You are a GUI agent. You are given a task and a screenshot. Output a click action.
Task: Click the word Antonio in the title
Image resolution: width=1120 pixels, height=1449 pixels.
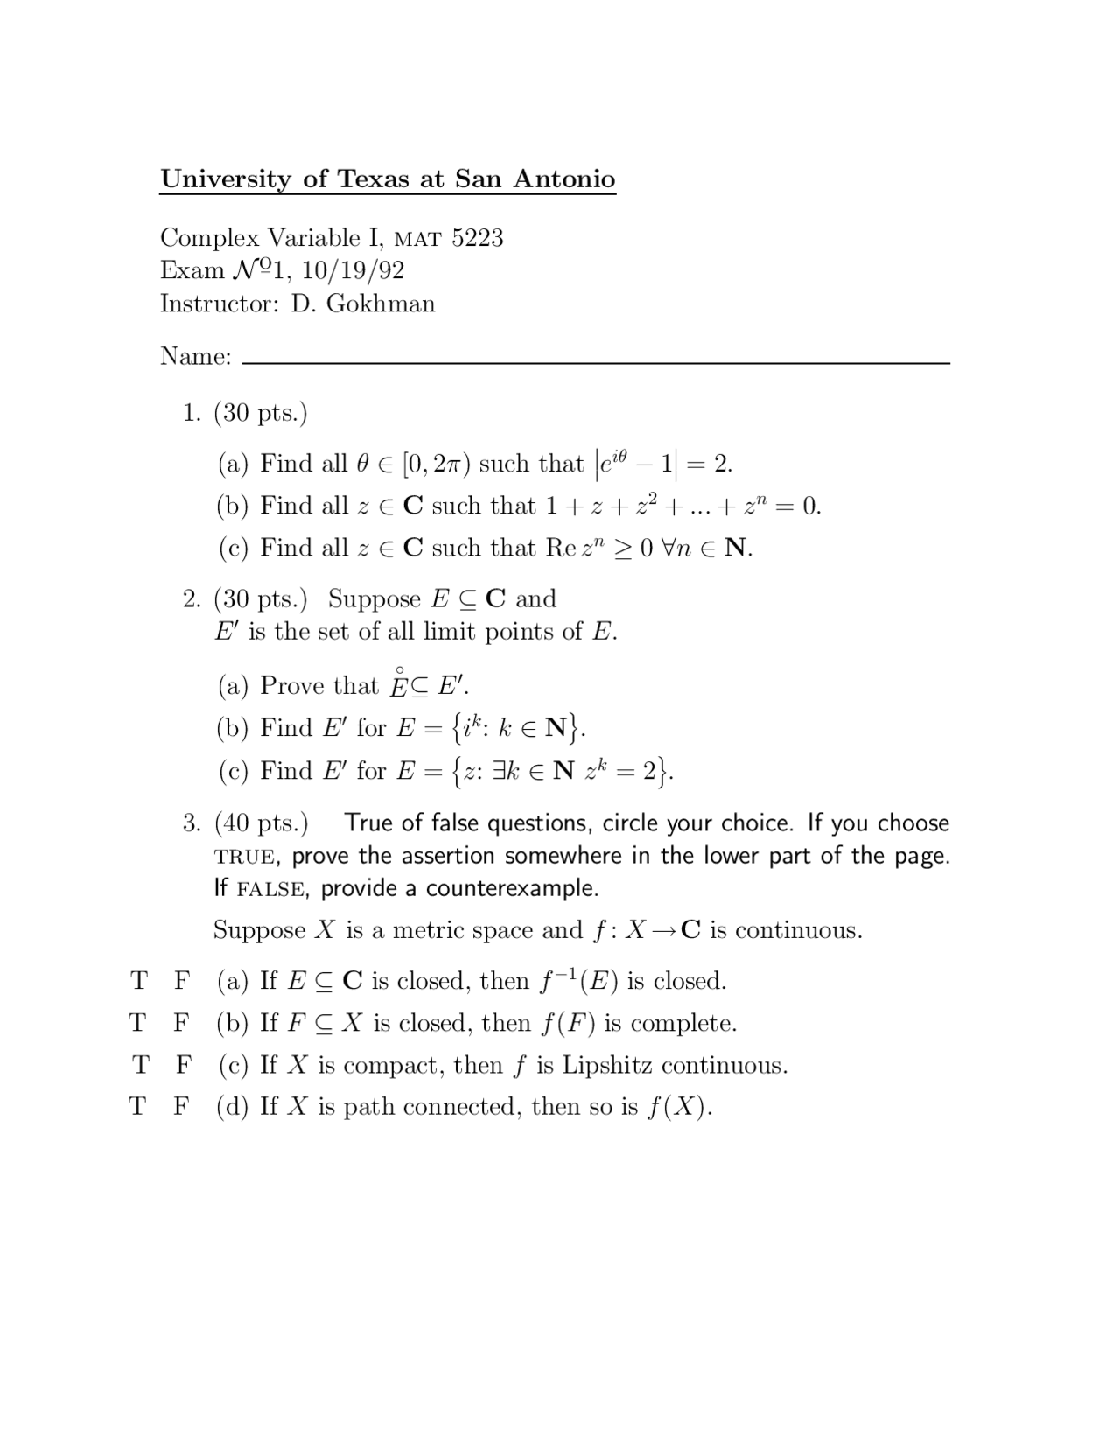tap(564, 178)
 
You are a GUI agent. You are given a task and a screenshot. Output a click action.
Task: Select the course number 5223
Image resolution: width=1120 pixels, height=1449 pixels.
tap(477, 238)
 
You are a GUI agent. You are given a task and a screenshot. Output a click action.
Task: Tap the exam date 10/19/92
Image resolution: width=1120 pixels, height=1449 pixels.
tap(353, 270)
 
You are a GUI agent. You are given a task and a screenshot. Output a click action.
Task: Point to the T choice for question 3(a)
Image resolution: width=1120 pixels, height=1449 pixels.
tap(138, 981)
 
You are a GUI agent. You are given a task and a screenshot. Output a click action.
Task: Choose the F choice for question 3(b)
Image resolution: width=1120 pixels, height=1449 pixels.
tap(181, 1023)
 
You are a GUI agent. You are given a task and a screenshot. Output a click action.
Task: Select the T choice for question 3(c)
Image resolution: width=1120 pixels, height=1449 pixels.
tap(140, 1065)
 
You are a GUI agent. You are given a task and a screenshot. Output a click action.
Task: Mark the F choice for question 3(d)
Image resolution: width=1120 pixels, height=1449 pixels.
tap(181, 1107)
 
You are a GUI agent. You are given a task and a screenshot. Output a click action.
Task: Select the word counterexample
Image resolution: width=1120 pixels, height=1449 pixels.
tap(512, 889)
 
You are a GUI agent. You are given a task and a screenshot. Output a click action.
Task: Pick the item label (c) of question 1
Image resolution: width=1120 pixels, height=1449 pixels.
tap(234, 549)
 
